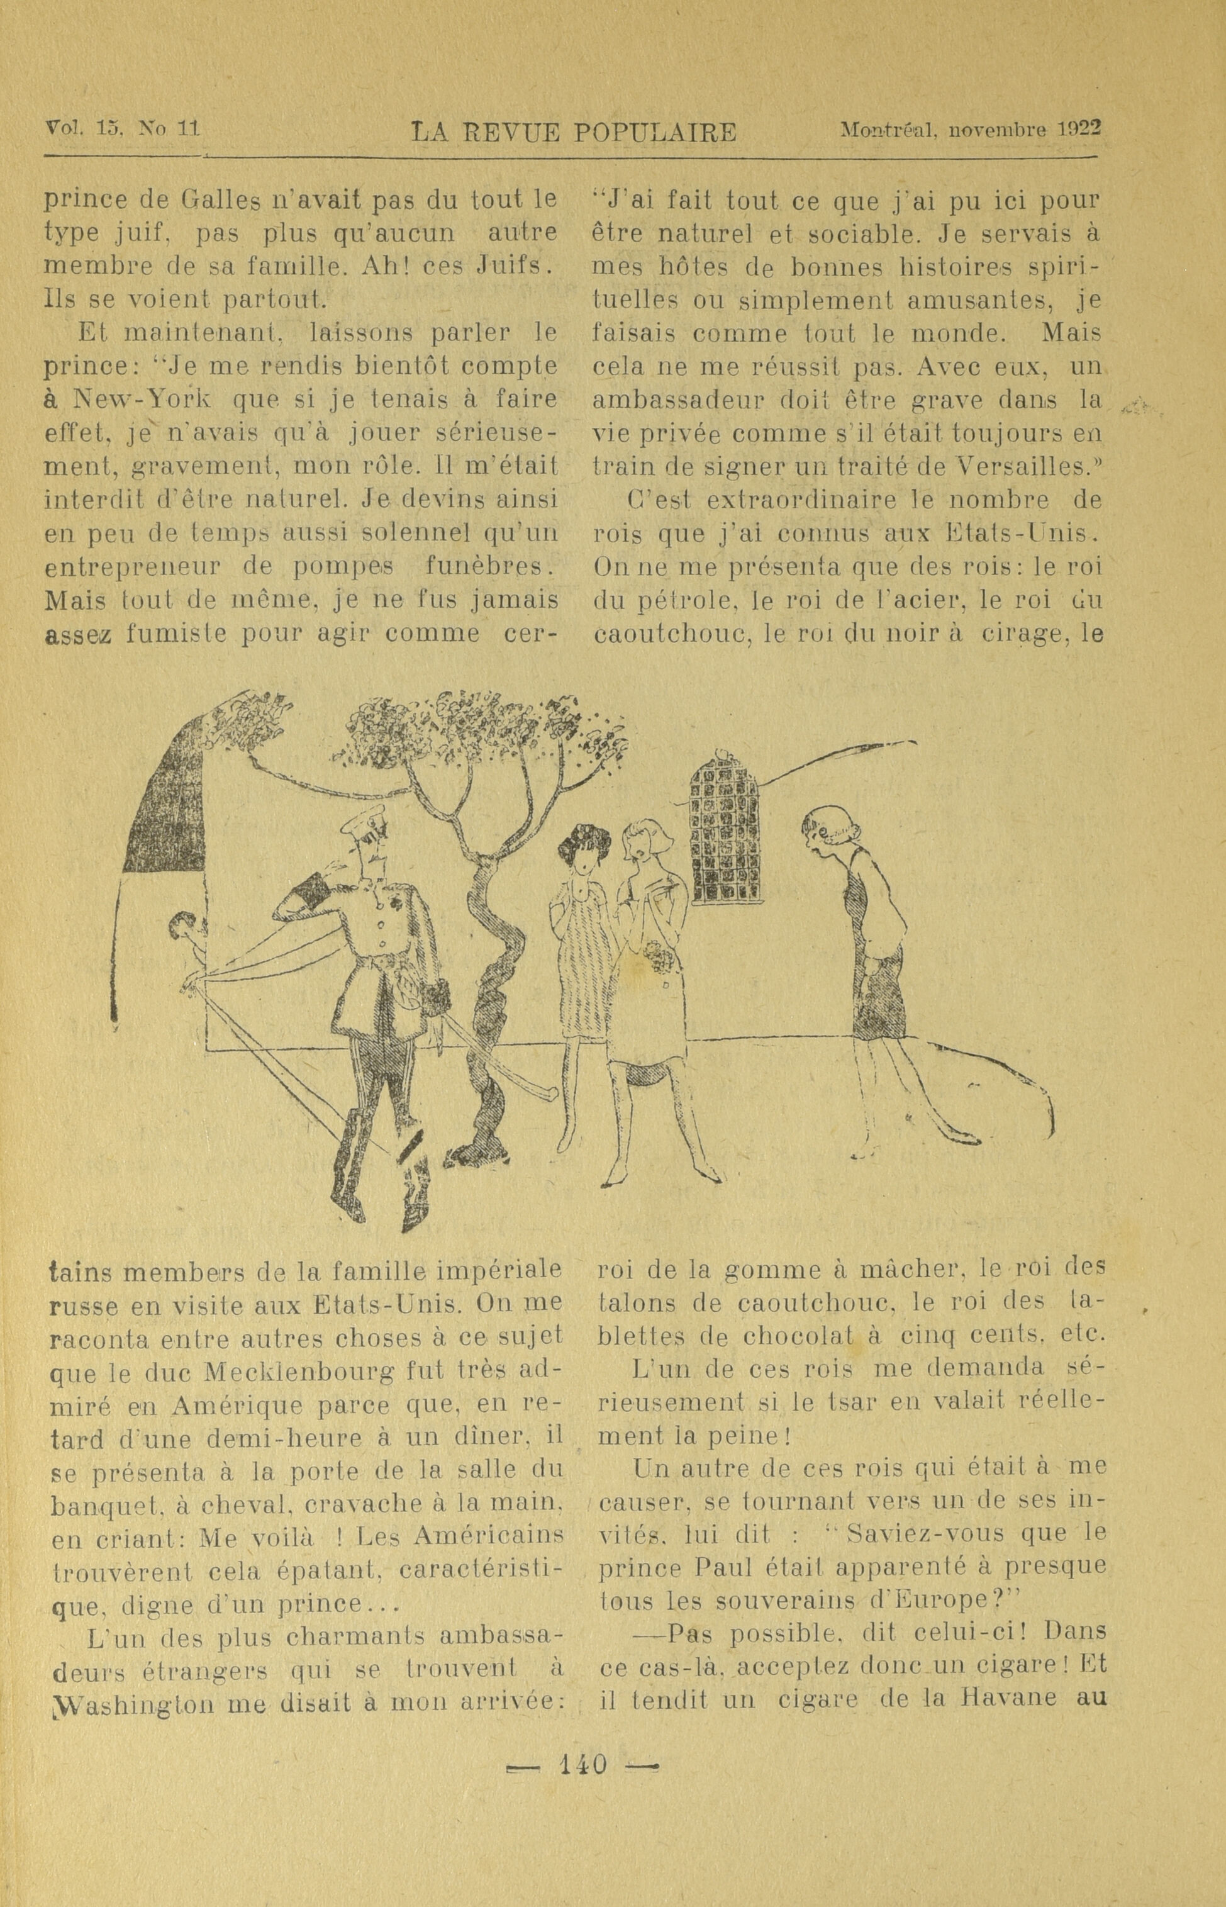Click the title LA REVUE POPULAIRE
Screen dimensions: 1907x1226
point(573,131)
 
